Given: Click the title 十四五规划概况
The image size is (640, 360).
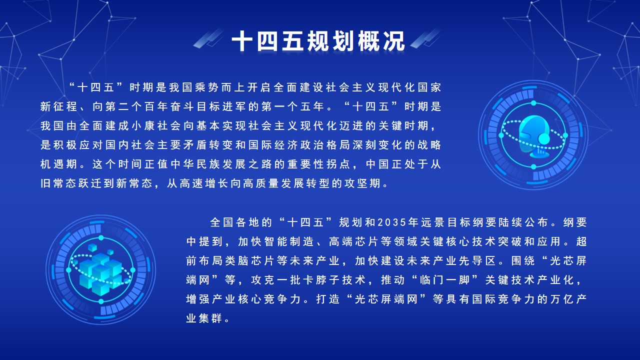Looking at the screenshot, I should pos(319,42).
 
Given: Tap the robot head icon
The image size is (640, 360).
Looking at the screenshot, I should pos(533,135).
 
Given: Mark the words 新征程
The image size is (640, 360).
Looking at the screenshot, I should pos(59,106).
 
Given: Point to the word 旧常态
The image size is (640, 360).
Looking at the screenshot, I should pos(59,183).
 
